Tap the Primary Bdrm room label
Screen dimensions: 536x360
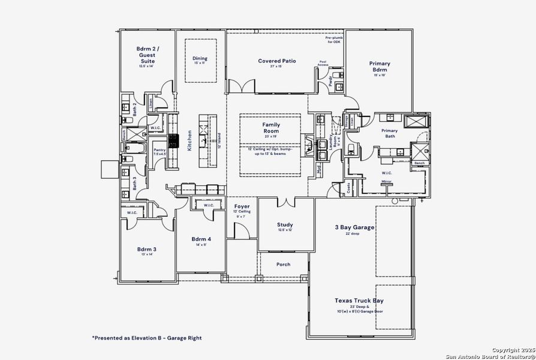coord(380,67)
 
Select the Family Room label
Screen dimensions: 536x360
coord(271,127)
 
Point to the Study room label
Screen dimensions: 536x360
coord(285,224)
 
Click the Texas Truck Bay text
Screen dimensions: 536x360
coord(359,301)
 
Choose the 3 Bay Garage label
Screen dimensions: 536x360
coord(354,227)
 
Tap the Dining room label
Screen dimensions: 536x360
coord(200,58)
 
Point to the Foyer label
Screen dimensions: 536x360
coord(242,206)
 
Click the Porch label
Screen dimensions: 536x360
coord(284,264)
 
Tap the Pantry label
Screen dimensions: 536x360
coord(159,150)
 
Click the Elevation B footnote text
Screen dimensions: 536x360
coord(146,338)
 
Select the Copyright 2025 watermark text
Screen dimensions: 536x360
coord(513,350)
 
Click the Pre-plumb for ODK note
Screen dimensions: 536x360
coord(334,40)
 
